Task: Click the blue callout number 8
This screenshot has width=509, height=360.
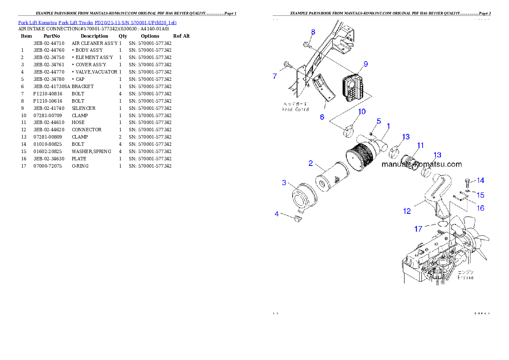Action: tap(313, 32)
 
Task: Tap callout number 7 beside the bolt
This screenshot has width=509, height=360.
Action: tap(275, 76)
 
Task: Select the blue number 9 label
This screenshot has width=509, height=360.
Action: tap(366, 64)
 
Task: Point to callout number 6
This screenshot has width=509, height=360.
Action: tap(322, 116)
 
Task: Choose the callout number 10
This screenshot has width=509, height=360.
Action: tap(362, 112)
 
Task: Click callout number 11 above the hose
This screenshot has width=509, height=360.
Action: tap(420, 145)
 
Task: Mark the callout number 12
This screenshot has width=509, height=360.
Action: tap(407, 210)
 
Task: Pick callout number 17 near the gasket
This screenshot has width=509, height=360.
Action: tap(418, 229)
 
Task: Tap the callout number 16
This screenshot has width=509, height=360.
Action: tap(481, 208)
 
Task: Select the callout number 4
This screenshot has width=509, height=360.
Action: tap(277, 213)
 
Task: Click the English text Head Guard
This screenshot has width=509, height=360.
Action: tap(295, 109)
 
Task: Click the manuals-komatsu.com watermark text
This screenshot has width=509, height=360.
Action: tap(421, 164)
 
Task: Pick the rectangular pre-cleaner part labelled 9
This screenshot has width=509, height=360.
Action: tap(353, 88)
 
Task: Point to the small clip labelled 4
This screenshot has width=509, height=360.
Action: tap(298, 219)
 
